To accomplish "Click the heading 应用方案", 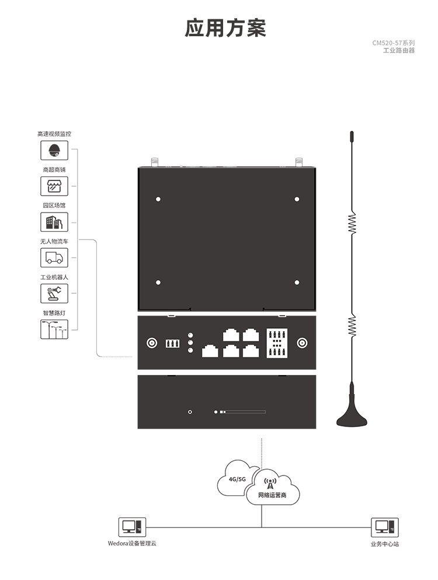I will coord(225,27).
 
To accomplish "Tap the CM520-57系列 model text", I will coord(394,43).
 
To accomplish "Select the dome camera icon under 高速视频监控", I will coord(54,150).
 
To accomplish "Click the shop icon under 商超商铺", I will coord(54,186).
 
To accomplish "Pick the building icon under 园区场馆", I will coord(54,222).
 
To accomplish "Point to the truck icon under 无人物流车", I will coord(54,258).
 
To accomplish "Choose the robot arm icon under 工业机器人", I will coord(54,293).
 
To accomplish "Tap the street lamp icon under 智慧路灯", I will coord(54,329).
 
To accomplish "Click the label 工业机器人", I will coord(54,277).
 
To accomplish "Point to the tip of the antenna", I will coord(352,137).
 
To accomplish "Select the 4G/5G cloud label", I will coord(238,479).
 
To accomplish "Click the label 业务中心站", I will coord(384,544).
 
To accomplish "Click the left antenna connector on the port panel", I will coord(151,343).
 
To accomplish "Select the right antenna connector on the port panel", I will coord(303,343).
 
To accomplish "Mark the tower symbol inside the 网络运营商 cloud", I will coord(269,482).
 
